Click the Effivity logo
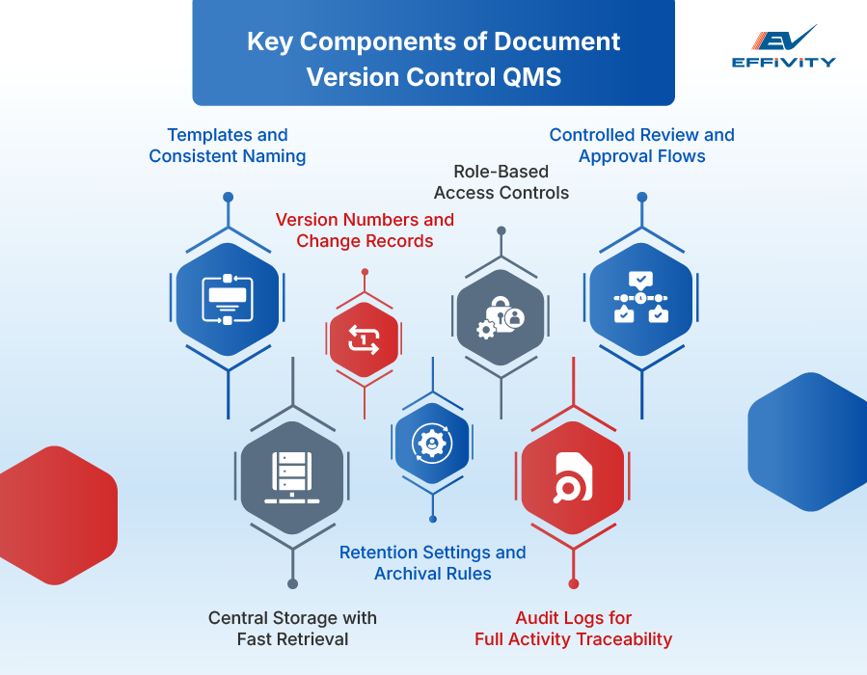click(783, 47)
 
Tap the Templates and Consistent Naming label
click(228, 146)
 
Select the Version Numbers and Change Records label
click(365, 230)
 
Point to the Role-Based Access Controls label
click(501, 182)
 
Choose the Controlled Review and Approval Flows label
click(641, 146)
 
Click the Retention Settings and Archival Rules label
click(432, 563)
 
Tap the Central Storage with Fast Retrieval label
click(292, 628)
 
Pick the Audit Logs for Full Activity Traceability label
click(573, 628)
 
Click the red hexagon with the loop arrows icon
click(364, 338)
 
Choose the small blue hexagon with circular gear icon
click(431, 444)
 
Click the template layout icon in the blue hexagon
click(228, 299)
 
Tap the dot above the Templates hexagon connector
click(228, 197)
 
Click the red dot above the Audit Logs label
click(573, 583)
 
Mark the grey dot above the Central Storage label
click(292, 583)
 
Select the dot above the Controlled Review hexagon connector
click(641, 197)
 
